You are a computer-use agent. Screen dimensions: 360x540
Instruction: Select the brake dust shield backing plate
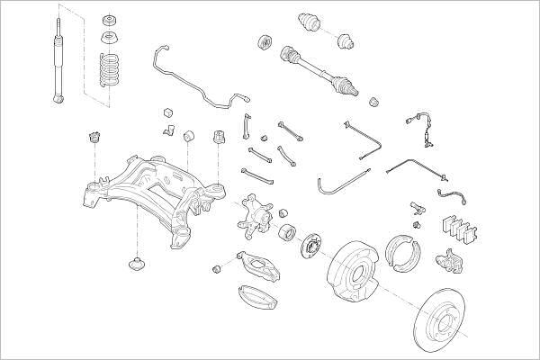354,271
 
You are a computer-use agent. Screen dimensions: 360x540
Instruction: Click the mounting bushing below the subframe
137,265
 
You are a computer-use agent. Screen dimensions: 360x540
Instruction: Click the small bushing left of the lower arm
218,269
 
